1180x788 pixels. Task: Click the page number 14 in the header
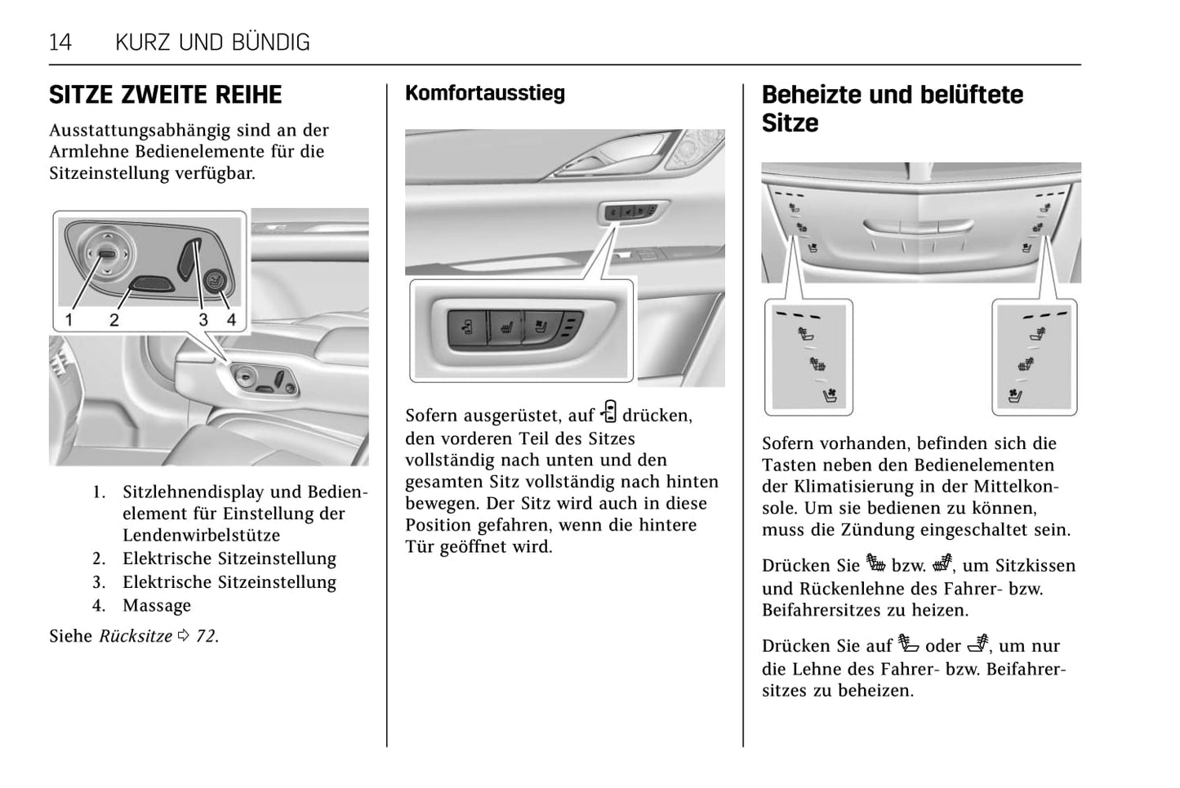[x=60, y=42]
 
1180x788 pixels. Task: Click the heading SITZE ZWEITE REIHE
[x=165, y=96]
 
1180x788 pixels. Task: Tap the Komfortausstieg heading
[x=484, y=93]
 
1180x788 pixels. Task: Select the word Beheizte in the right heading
[x=809, y=95]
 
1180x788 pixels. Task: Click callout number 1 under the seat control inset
[x=69, y=320]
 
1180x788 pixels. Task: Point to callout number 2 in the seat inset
[x=114, y=320]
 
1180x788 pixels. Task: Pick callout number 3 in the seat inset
[x=203, y=320]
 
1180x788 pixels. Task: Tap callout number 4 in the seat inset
[x=231, y=320]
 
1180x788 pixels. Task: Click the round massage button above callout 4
[x=216, y=282]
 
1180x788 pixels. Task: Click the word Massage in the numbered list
[x=157, y=606]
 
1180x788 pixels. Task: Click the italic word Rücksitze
[x=136, y=636]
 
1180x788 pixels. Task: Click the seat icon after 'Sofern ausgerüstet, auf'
[x=608, y=412]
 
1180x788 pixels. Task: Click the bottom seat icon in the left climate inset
[x=830, y=396]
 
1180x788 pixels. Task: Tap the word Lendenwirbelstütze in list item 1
[x=201, y=536]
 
